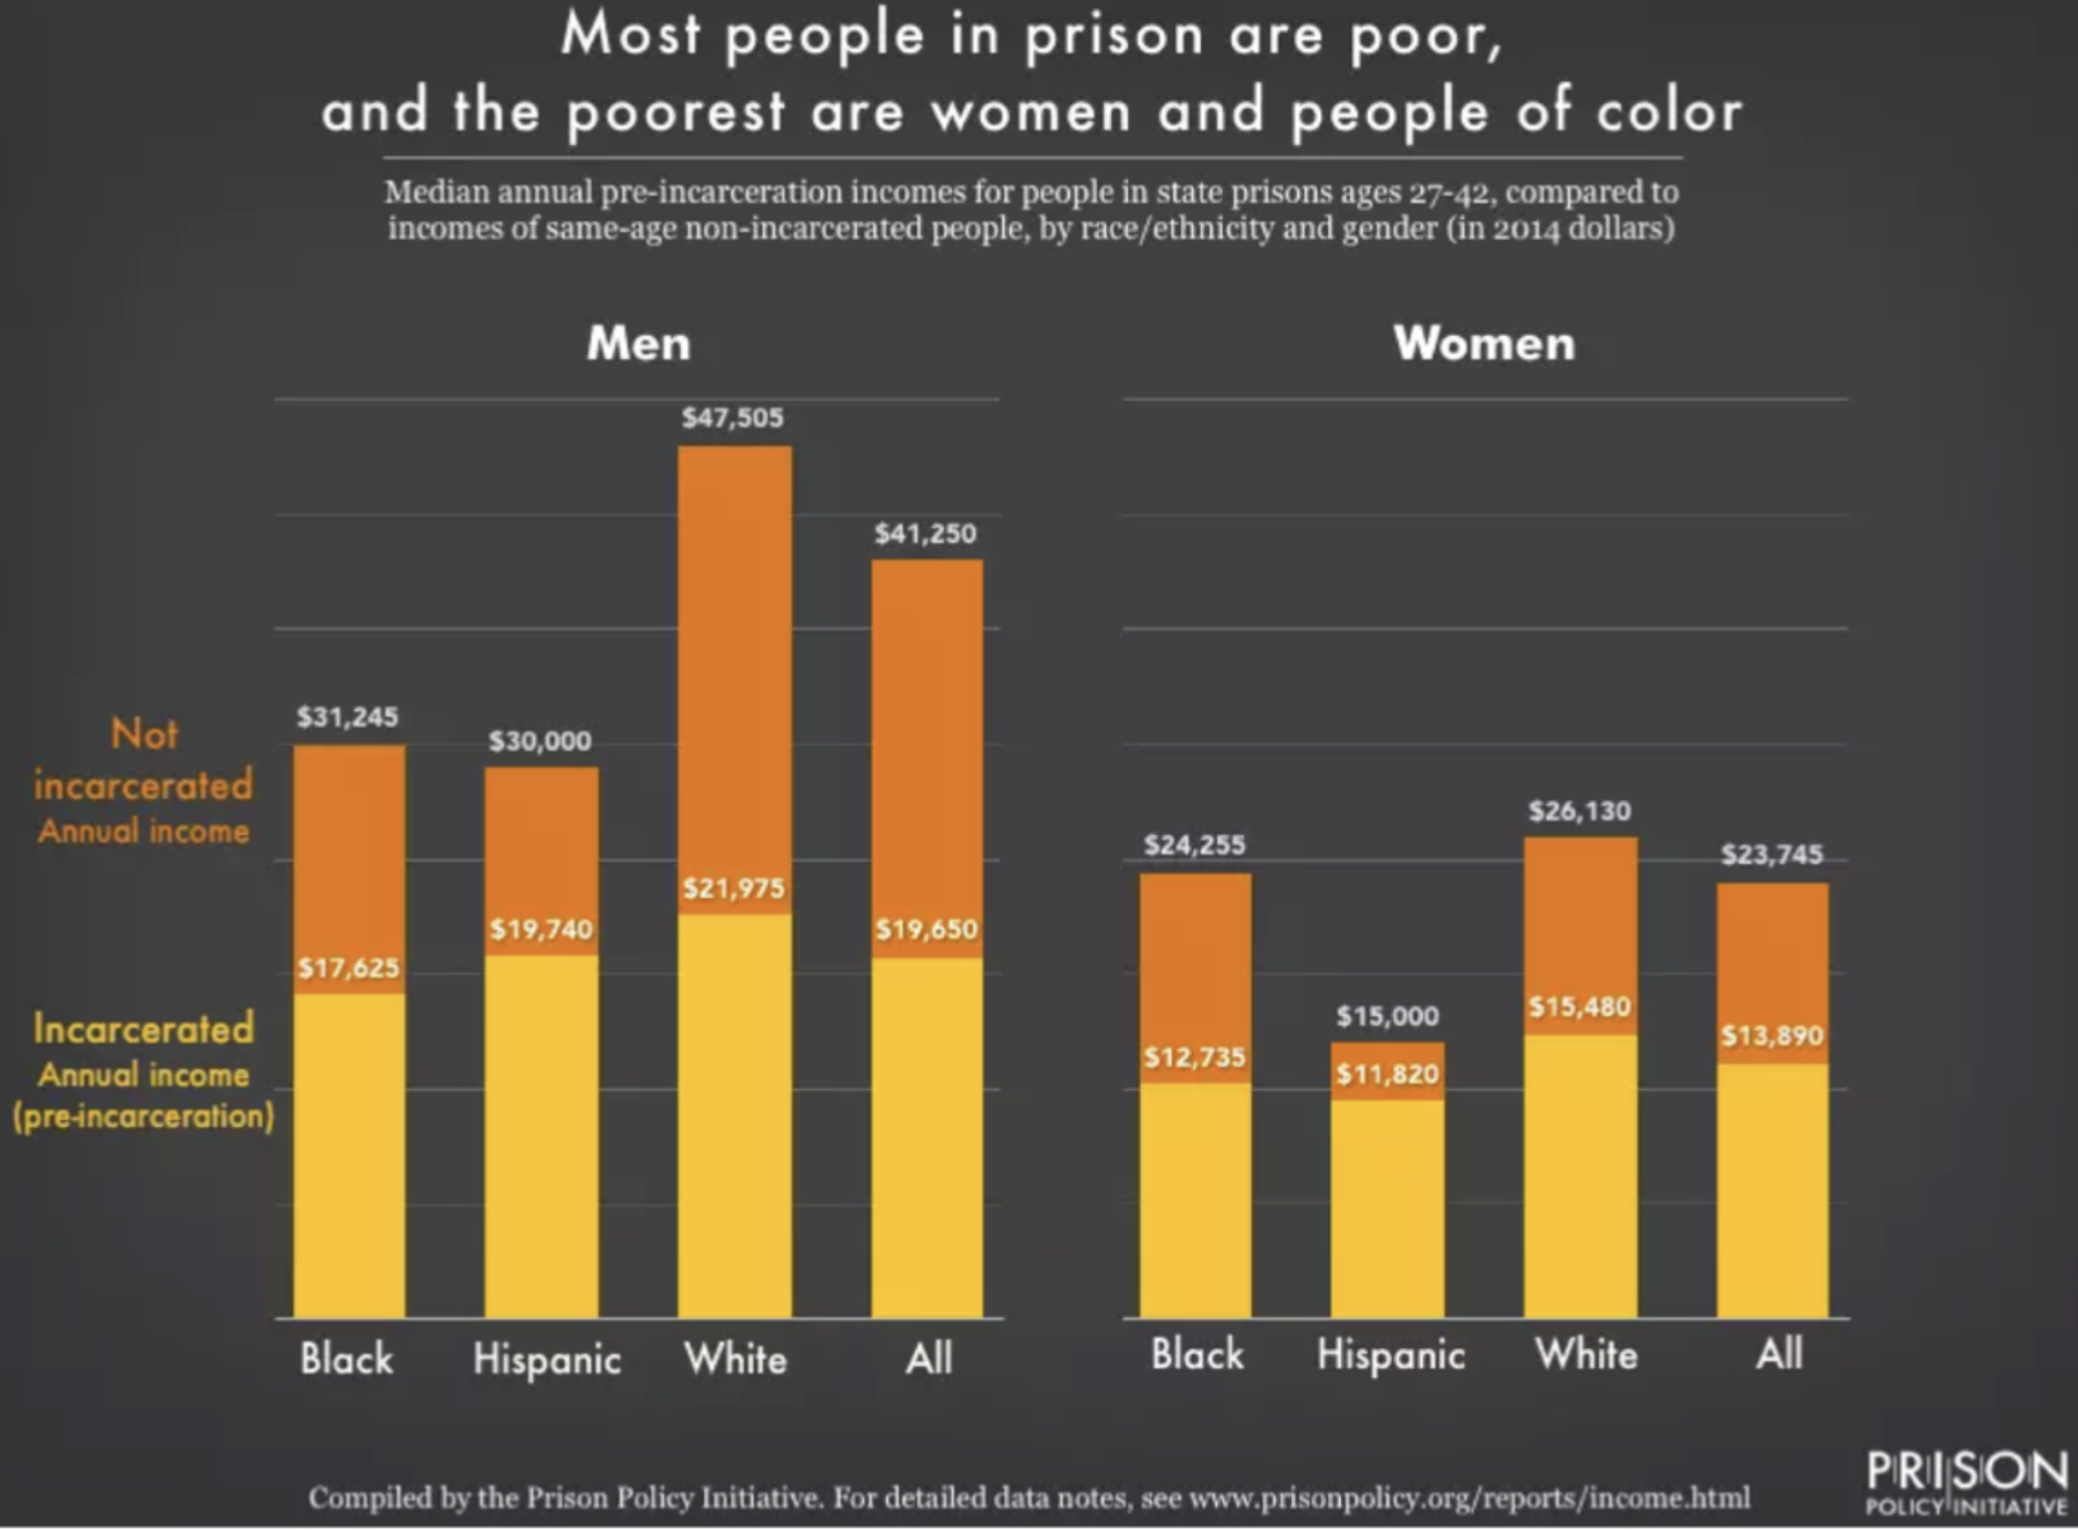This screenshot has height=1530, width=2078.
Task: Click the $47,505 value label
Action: [x=733, y=418]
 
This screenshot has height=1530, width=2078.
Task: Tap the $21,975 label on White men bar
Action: [x=734, y=889]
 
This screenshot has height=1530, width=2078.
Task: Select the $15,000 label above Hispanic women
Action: [x=1387, y=1016]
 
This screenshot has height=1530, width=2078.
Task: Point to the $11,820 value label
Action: [x=1387, y=1074]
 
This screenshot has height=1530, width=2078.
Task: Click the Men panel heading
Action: [x=638, y=344]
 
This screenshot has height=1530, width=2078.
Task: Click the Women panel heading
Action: [x=1484, y=344]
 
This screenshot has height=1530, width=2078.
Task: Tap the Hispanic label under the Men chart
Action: [x=546, y=1359]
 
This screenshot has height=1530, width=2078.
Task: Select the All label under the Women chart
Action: [x=1779, y=1354]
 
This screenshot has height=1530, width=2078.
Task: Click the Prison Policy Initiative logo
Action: [x=1966, y=1483]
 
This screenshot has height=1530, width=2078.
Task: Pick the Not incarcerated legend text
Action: [x=144, y=759]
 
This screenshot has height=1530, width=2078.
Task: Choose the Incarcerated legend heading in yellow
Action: [x=144, y=1028]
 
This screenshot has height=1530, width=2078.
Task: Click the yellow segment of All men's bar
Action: [x=926, y=1140]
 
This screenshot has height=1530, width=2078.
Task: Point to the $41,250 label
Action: [x=925, y=533]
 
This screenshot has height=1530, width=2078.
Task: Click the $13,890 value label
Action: [x=1771, y=1035]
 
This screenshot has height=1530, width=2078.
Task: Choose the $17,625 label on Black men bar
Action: [x=348, y=969]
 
